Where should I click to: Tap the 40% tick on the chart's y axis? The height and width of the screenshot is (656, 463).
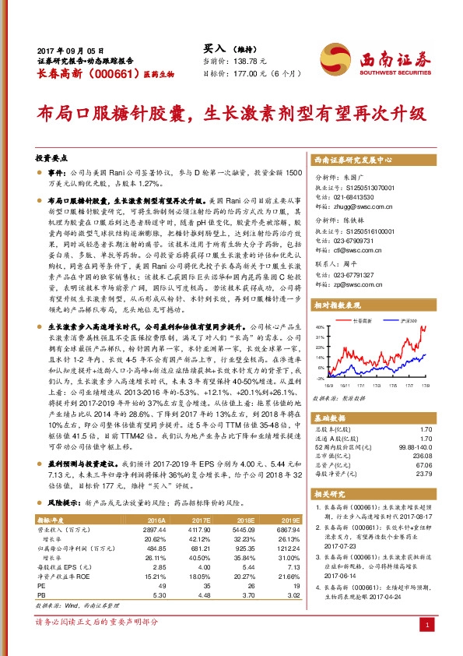pyautogui.click(x=317, y=326)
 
